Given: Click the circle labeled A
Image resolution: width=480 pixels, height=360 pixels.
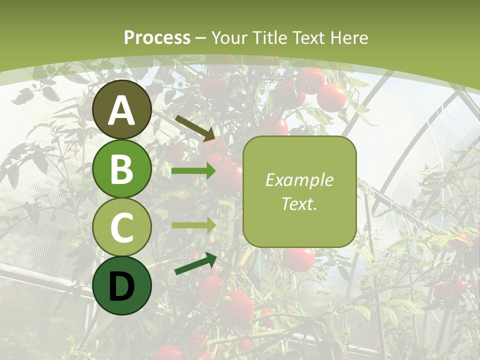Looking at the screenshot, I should coord(122,110).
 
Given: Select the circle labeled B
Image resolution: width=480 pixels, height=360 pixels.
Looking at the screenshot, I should coord(122,169).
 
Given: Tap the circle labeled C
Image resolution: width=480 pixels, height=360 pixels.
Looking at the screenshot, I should coord(122,227).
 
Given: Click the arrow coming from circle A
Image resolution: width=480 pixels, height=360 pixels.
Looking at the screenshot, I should coord(195,127).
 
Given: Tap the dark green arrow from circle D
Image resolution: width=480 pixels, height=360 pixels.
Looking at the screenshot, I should coord(195,263).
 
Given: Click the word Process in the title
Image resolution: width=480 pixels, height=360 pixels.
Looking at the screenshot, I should coord(157,38).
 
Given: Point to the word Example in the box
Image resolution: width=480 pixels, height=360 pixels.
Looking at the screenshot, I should coord(299,180).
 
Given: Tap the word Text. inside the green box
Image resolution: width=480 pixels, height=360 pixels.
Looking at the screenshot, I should coord(299,204).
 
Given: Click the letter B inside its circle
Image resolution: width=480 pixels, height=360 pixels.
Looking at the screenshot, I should coord(122,169).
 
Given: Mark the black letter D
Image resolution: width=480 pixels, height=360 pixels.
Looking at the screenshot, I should coord(122,286).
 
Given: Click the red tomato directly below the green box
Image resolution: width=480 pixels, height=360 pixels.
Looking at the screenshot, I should coord(299,259).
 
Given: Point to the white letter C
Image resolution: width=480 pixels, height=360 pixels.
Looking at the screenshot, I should coord(122,227).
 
